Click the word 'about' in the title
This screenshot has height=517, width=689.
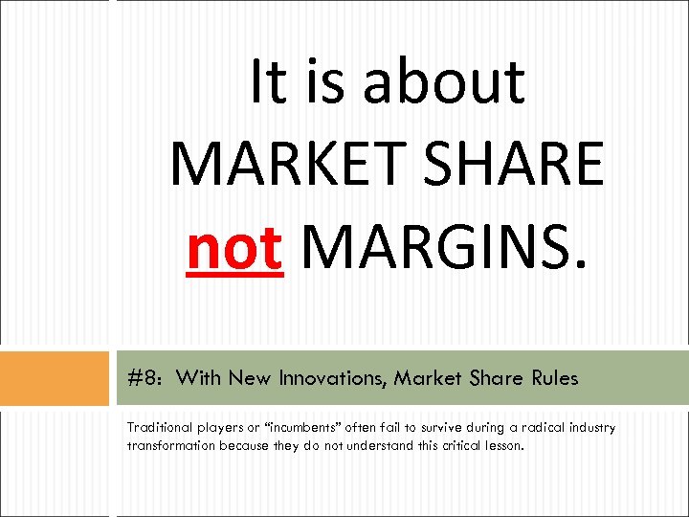(444, 81)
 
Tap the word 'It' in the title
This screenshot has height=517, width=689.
(267, 81)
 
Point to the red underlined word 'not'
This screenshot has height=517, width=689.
(234, 247)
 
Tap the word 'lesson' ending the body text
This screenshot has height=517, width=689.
(501, 445)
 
